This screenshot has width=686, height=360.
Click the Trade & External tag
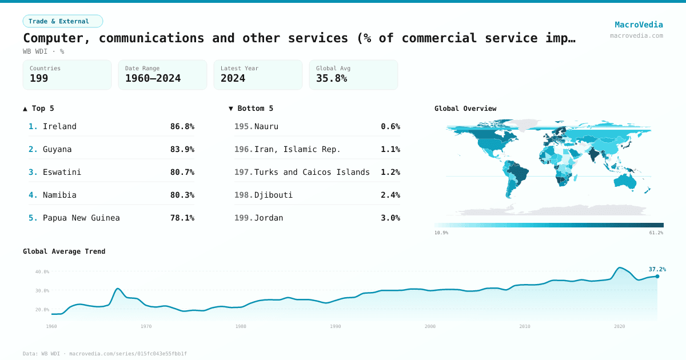[63, 21]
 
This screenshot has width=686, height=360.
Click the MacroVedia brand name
[639, 25]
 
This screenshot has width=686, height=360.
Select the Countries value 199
[39, 78]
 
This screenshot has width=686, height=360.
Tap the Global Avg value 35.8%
[332, 78]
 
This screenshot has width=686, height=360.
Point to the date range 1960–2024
[153, 78]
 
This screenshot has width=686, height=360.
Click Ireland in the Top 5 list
[59, 126]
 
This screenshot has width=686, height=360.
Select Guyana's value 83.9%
[182, 149]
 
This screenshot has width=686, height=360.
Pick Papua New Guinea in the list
[81, 218]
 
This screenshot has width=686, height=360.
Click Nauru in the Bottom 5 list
[266, 126]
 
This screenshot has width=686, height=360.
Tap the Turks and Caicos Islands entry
[312, 172]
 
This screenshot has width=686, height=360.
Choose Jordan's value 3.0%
[390, 218]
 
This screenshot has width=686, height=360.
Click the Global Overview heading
[465, 109]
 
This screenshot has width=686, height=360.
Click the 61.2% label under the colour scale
[656, 233]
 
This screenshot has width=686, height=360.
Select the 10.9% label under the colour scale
[441, 233]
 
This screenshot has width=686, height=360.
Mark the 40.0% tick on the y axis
[42, 272]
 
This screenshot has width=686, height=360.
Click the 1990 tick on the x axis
[336, 326]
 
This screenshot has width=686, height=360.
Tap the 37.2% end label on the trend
[657, 269]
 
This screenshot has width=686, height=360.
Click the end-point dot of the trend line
[657, 277]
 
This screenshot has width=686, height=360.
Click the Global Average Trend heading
[64, 251]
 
